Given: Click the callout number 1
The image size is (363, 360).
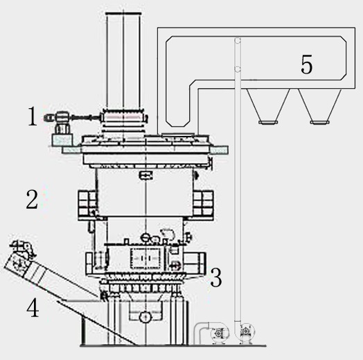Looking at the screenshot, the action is [33, 116].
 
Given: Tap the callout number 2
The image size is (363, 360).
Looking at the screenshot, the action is [32, 199].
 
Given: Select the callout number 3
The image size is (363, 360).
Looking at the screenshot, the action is [215, 277].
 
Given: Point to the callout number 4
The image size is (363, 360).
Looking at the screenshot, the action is [33, 307].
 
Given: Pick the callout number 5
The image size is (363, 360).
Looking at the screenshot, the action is [306, 64].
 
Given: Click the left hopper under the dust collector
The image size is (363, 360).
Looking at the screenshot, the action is [268, 107].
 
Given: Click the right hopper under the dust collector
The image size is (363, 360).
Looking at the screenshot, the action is [320, 107].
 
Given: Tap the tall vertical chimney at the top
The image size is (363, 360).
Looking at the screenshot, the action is [123, 61].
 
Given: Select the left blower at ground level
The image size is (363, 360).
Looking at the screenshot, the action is [218, 334].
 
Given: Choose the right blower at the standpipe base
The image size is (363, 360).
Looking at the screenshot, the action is [247, 334].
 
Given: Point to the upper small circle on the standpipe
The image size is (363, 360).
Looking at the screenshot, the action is [238, 41].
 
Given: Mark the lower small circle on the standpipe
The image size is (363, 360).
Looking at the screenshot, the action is [238, 69].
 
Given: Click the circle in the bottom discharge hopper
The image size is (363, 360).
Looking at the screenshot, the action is [145, 317].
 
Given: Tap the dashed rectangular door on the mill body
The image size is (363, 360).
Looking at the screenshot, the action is [145, 258].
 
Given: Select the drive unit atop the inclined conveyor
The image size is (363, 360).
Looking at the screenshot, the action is [23, 249].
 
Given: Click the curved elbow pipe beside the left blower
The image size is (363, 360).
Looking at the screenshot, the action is [200, 332].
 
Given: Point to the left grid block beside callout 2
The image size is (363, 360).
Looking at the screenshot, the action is [87, 203].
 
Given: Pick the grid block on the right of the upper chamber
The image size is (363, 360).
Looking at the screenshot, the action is [203, 203].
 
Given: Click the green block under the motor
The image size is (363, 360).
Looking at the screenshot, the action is [62, 139].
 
